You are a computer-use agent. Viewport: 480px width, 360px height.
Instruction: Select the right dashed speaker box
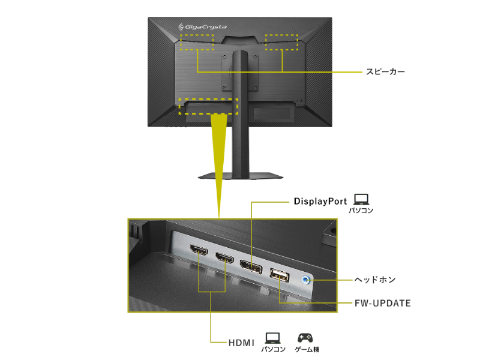pyautogui.click(x=282, y=43)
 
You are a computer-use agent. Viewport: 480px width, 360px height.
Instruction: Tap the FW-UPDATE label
pyautogui.click(x=382, y=303)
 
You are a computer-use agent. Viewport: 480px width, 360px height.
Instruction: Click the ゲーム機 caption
pyautogui.click(x=307, y=349)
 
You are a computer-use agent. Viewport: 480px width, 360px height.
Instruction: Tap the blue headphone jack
pyautogui.click(x=307, y=279)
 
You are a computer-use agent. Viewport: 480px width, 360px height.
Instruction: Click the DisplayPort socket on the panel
pyautogui.click(x=250, y=268)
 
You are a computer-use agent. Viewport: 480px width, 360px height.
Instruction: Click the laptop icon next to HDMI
pyautogui.click(x=272, y=338)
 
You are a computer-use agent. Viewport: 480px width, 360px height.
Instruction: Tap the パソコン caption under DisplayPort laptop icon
pyautogui.click(x=361, y=211)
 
